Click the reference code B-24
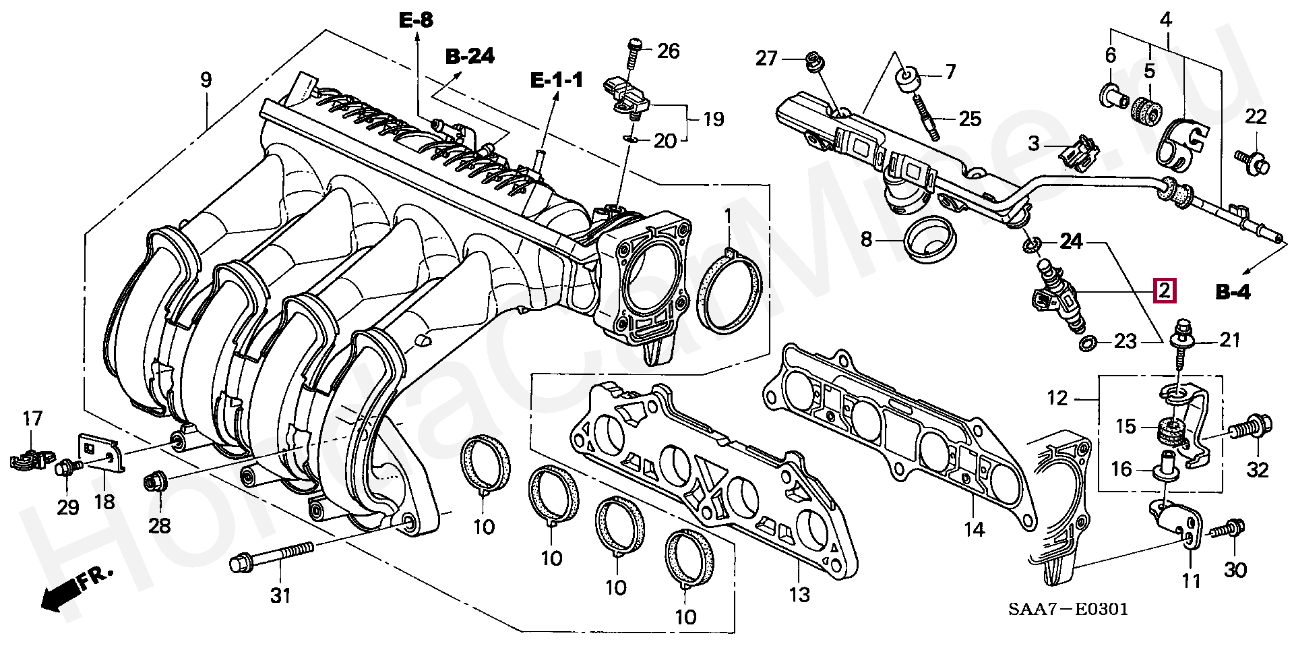[470, 57]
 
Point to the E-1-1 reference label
[556, 81]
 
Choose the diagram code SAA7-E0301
[1068, 610]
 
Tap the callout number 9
[206, 80]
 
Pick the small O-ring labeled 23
[1086, 345]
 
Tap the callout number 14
[974, 529]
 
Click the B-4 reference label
[1233, 293]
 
